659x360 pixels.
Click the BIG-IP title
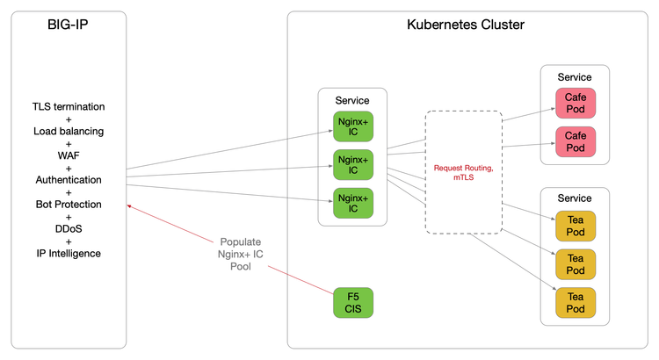pyautogui.click(x=69, y=25)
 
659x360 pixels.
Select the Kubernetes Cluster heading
pyautogui.click(x=466, y=25)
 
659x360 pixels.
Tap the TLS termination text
pyautogui.click(x=69, y=106)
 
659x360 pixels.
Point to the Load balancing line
pyautogui.click(x=69, y=131)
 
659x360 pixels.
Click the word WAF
pyautogui.click(x=69, y=155)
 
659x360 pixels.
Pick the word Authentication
pyautogui.click(x=69, y=180)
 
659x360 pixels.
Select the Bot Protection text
pyautogui.click(x=69, y=205)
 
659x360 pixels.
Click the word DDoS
pyautogui.click(x=69, y=229)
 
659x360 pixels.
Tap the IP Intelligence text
pyautogui.click(x=69, y=254)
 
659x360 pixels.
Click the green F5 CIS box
pyautogui.click(x=352, y=303)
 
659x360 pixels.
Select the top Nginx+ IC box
pyautogui.click(x=352, y=126)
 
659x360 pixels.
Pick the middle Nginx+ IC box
pyautogui.click(x=352, y=163)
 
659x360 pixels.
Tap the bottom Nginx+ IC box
pyautogui.click(x=352, y=202)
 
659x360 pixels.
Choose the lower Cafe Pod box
pyautogui.click(x=575, y=141)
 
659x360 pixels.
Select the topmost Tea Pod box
pyautogui.click(x=575, y=227)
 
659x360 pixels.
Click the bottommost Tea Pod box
pyautogui.click(x=575, y=303)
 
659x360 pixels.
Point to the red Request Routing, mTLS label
pyautogui.click(x=463, y=171)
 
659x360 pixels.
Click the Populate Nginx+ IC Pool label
pyautogui.click(x=247, y=254)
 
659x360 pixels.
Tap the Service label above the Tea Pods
pyautogui.click(x=575, y=198)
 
